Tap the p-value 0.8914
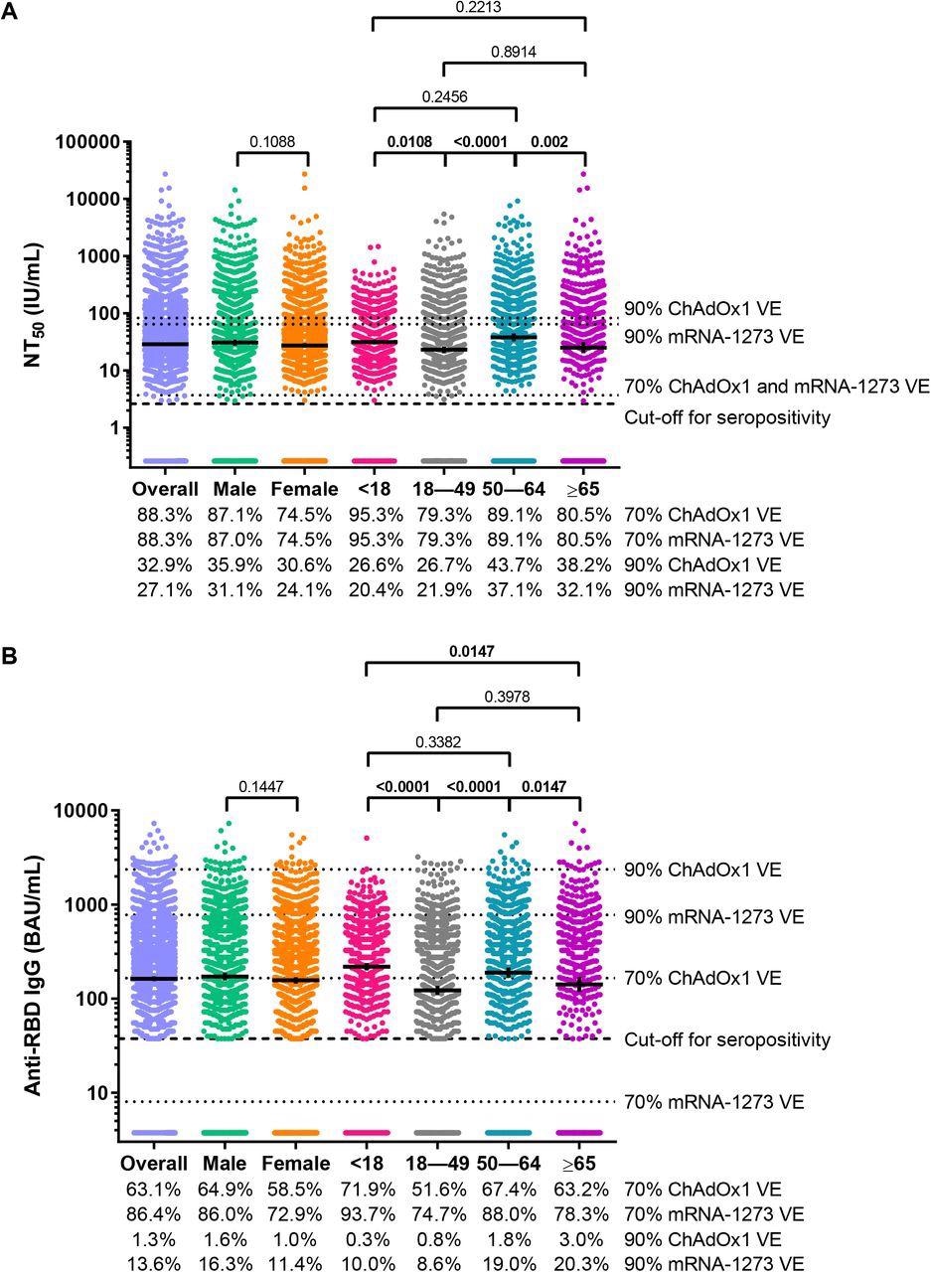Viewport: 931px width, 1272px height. coord(514,52)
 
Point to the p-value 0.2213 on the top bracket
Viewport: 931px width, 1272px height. coord(479,7)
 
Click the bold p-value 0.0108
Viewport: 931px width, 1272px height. coord(408,142)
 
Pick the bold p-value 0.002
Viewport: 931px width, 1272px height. coord(549,142)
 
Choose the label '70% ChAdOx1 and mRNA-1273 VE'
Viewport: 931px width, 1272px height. coord(776,385)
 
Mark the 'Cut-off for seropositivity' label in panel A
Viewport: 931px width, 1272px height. coord(726,417)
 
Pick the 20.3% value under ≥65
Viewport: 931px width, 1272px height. coord(578,1263)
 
